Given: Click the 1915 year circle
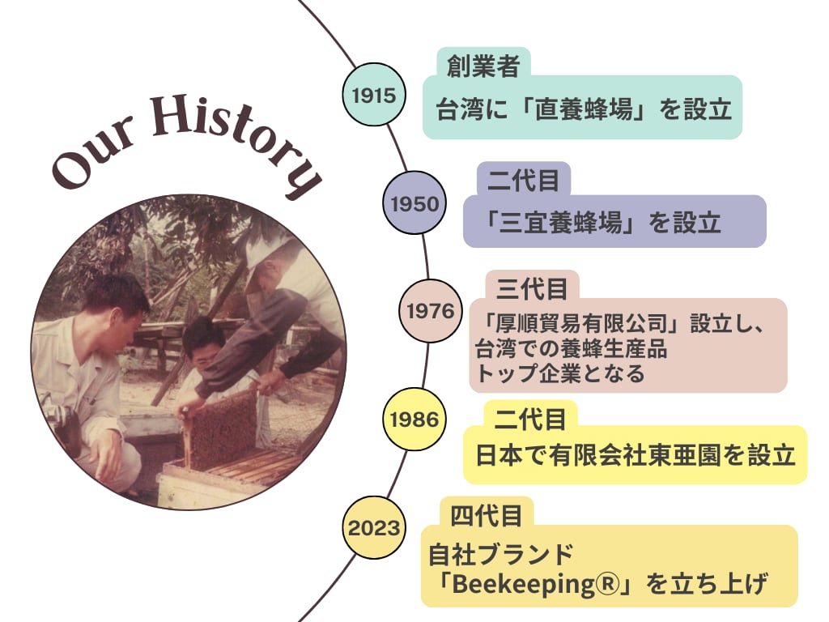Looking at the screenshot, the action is (374, 95).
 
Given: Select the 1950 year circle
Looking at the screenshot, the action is (414, 203).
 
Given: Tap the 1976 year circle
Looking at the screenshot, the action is (431, 310).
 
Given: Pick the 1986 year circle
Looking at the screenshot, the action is (414, 419).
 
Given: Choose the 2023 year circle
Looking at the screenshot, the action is (374, 527).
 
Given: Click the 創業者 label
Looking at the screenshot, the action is (483, 66).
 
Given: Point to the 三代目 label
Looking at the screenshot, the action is (533, 289).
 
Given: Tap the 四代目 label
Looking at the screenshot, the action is (487, 516).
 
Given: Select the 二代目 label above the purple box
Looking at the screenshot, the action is (523, 181).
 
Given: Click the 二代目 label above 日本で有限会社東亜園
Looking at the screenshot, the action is (530, 420).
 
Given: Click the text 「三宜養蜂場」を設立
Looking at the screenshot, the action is (602, 222).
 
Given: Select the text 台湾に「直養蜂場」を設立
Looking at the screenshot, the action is (584, 109).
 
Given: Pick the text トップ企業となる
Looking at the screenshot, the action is (560, 373).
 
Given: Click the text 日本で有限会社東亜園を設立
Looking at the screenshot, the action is (636, 455).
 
